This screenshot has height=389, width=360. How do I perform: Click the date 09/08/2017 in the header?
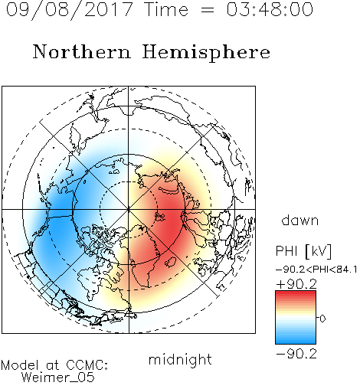click(x=69, y=10)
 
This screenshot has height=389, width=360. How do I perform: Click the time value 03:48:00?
click(x=270, y=9)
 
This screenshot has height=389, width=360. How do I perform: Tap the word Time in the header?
click(x=166, y=9)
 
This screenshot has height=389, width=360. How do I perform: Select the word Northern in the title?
click(x=82, y=51)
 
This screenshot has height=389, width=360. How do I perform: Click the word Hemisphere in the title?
click(x=206, y=53)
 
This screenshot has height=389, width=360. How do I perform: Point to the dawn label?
click(x=300, y=220)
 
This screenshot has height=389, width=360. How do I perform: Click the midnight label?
click(x=180, y=360)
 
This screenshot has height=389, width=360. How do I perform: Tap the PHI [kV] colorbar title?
click(x=304, y=251)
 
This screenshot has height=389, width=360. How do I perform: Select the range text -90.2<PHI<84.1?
click(x=316, y=270)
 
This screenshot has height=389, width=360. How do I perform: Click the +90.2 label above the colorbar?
click(x=296, y=284)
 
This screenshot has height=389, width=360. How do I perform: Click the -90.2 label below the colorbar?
click(x=296, y=355)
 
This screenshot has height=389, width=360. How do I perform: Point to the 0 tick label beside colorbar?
click(x=322, y=319)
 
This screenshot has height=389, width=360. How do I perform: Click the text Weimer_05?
click(x=58, y=378)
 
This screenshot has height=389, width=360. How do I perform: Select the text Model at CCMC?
click(x=54, y=365)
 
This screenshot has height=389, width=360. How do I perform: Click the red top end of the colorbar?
click(x=296, y=293)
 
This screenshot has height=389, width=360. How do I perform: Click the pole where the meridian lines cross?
click(x=129, y=209)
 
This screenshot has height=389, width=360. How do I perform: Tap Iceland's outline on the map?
click(x=171, y=262)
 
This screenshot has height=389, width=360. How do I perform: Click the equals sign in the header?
click(x=208, y=10)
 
